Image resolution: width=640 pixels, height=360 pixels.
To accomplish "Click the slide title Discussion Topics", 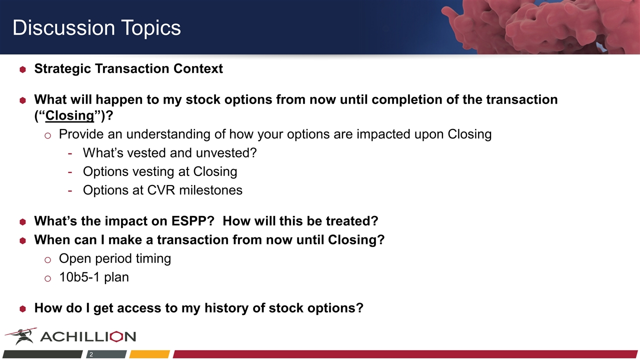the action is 96,27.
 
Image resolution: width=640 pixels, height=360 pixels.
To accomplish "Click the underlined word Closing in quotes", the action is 69,115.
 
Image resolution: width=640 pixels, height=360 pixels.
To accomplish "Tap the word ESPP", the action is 193,221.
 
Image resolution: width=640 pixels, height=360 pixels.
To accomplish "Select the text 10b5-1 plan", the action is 94,277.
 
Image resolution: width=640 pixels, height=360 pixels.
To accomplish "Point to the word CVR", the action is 161,190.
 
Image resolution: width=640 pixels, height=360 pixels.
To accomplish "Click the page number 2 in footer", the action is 91,354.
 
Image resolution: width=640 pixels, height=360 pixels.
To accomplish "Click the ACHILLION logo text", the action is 88,336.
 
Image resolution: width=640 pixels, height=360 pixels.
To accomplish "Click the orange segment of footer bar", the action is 149,354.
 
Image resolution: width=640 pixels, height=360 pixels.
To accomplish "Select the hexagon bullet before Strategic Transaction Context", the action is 23,69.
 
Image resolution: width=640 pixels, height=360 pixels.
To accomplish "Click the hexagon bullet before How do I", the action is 23,309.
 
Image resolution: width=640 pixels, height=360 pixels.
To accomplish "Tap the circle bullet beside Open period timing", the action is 47,260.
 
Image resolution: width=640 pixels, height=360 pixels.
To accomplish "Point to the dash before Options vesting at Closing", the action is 70,172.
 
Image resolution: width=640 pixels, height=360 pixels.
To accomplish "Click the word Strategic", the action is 62,69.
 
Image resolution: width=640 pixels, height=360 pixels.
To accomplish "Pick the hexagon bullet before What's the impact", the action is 23,222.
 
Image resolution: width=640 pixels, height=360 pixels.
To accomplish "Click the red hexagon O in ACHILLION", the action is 116,336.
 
